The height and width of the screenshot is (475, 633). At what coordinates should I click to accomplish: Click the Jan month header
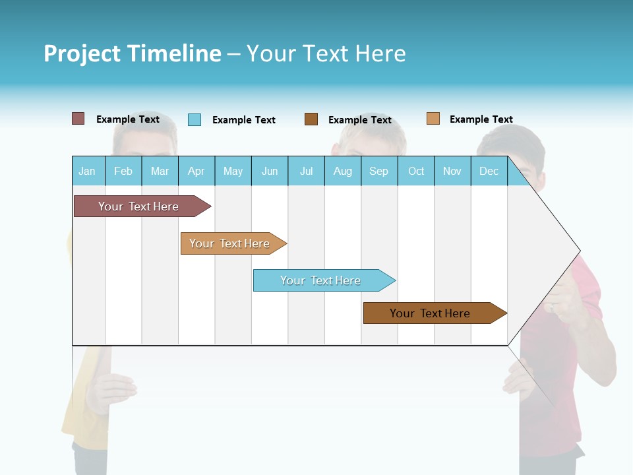(x=87, y=171)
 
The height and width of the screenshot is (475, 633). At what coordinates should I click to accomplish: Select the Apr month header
(x=196, y=171)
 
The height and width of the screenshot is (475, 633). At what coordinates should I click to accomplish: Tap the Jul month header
(x=306, y=171)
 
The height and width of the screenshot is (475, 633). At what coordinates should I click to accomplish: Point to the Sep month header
(x=378, y=171)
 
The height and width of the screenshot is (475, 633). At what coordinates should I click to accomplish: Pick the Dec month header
(x=489, y=171)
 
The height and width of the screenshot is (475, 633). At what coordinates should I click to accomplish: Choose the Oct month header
(x=416, y=171)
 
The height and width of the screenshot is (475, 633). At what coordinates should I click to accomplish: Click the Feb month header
(x=123, y=171)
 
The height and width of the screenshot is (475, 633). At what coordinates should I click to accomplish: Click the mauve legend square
(x=78, y=119)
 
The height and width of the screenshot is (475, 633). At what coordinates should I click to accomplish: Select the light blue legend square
(x=195, y=119)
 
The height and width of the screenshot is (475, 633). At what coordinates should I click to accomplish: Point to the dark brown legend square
(x=311, y=119)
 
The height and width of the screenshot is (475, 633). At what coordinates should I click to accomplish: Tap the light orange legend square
(x=433, y=119)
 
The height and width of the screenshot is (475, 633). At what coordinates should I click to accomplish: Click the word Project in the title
(x=82, y=53)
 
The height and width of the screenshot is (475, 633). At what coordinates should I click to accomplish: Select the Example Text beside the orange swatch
(x=481, y=119)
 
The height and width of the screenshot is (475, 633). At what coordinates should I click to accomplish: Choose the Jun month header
(x=270, y=171)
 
